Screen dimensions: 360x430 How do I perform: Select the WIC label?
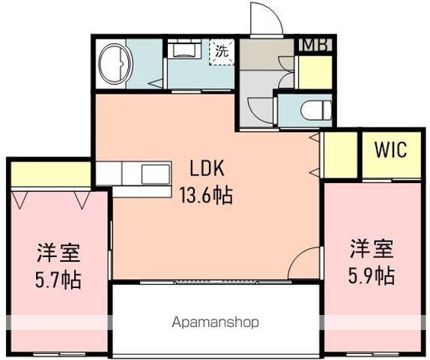(390, 150)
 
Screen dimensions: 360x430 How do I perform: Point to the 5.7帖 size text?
(57, 281)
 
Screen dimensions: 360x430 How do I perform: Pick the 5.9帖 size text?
(370, 274)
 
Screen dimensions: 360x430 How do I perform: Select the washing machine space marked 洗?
(222, 53)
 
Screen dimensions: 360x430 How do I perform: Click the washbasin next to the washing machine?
(184, 51)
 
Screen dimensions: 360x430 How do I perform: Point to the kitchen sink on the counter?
(157, 174)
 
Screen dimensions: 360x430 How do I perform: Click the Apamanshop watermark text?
(216, 322)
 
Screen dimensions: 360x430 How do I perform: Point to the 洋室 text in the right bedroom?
(370, 247)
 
